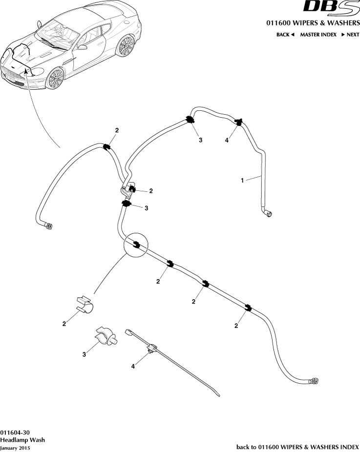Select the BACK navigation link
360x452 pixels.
point(285,35)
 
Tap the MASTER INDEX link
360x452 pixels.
point(318,35)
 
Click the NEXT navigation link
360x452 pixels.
point(350,35)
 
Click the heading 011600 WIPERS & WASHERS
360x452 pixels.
point(313,23)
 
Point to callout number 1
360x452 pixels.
point(242,180)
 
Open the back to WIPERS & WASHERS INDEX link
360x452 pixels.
point(297,447)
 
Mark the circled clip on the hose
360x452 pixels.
point(136,245)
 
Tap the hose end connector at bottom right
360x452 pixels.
point(314,381)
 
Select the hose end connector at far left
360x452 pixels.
point(49,226)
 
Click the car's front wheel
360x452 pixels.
point(56,79)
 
